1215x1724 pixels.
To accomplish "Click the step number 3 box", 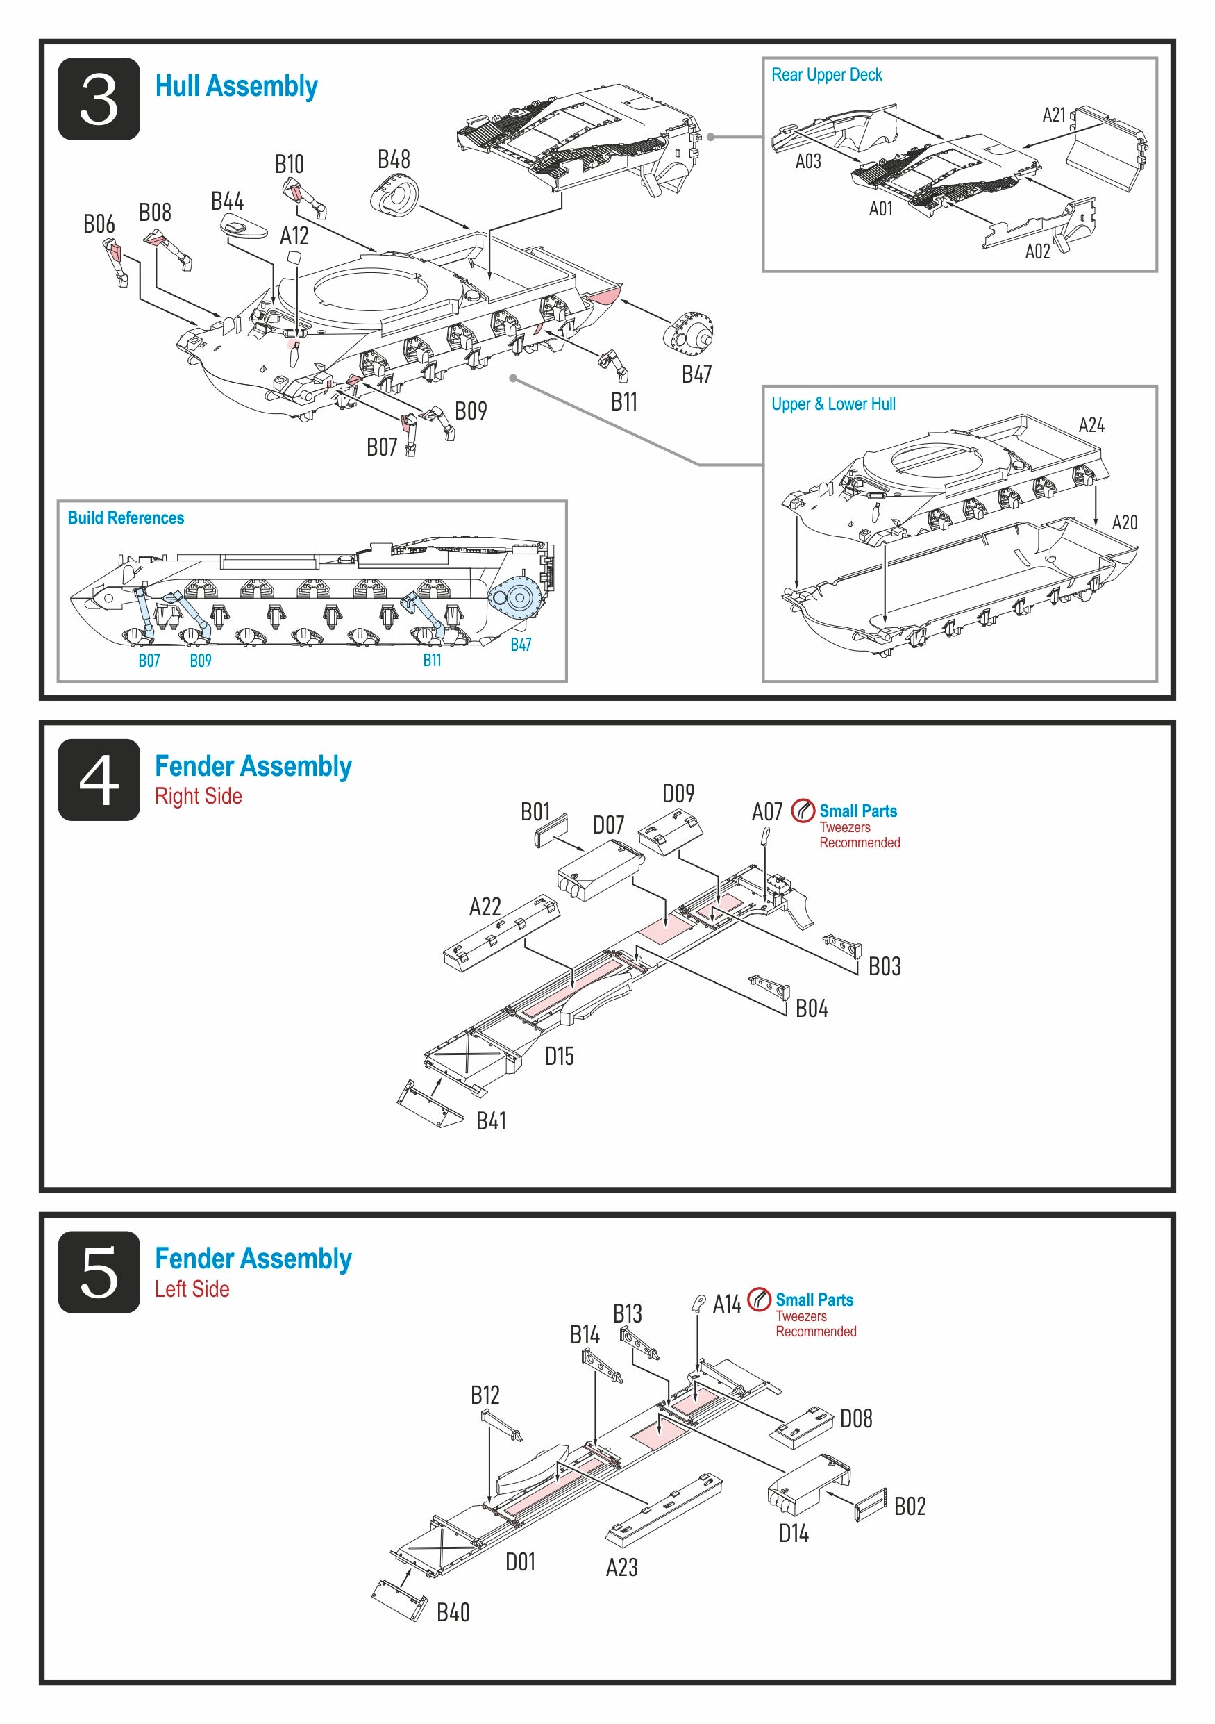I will pyautogui.click(x=99, y=99).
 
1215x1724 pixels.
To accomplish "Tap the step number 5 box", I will pyautogui.click(x=99, y=1272).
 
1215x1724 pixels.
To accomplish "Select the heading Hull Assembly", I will pyautogui.click(x=236, y=86).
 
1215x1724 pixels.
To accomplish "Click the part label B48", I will pyautogui.click(x=393, y=159).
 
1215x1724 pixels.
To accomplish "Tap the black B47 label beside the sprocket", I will pyautogui.click(x=696, y=374).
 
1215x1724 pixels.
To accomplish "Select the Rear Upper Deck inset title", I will pyautogui.click(x=826, y=75).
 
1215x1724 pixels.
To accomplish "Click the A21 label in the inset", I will pyautogui.click(x=1054, y=115).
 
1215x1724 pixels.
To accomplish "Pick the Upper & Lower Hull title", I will pyautogui.click(x=833, y=404).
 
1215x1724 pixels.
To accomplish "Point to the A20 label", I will pyautogui.click(x=1124, y=522).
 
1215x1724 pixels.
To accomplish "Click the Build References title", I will pyautogui.click(x=126, y=518).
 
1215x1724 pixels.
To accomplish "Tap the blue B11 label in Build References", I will pyautogui.click(x=433, y=660).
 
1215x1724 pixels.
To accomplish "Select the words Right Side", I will pyautogui.click(x=198, y=796).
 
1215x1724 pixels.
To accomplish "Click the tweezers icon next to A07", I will pyautogui.click(x=803, y=811).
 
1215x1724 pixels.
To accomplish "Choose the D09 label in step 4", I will pyautogui.click(x=678, y=794).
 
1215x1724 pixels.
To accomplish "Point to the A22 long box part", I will pyautogui.click(x=501, y=934).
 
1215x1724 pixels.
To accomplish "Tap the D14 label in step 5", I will pyautogui.click(x=794, y=1533).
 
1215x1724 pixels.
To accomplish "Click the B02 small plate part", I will pyautogui.click(x=871, y=1505).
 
